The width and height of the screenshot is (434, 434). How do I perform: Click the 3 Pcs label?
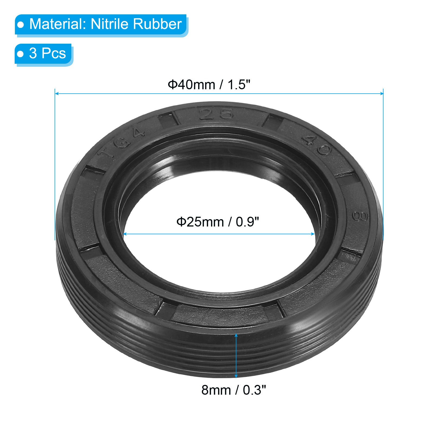tap(47, 53)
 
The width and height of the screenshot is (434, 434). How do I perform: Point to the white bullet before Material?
tap(21, 25)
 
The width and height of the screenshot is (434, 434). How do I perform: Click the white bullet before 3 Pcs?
tap(20, 54)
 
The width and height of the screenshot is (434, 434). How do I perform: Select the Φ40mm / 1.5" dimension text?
tap(209, 85)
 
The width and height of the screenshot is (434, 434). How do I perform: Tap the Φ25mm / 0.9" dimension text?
tap(218, 222)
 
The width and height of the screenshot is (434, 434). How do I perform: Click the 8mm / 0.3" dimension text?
tap(234, 390)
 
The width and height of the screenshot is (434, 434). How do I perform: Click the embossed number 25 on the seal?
tap(216, 114)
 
